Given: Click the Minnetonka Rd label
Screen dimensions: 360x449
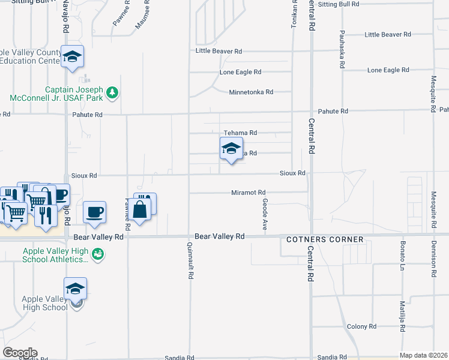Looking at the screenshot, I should pyautogui.click(x=251, y=92).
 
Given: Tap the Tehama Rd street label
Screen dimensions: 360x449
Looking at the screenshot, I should pyautogui.click(x=240, y=133).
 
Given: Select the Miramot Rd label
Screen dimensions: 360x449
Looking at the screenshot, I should pyautogui.click(x=249, y=193).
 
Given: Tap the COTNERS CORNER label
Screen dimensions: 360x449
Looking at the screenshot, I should pyautogui.click(x=324, y=239).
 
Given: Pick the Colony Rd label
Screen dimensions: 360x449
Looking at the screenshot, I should pyautogui.click(x=361, y=326).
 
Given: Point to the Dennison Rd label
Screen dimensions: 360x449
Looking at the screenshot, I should pyautogui.click(x=433, y=257).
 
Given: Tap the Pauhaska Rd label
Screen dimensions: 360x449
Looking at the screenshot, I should pyautogui.click(x=342, y=47).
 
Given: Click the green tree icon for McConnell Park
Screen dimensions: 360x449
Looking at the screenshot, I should pyautogui.click(x=112, y=92).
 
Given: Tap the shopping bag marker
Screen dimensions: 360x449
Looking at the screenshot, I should pyautogui.click(x=139, y=210).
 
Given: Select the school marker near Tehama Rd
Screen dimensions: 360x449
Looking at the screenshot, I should pyautogui.click(x=231, y=148).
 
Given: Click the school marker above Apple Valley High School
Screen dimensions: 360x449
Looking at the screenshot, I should pyautogui.click(x=76, y=289).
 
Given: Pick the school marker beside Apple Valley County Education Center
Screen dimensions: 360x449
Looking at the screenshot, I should pyautogui.click(x=73, y=57).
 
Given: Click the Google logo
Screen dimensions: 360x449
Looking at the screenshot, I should pyautogui.click(x=20, y=353).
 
